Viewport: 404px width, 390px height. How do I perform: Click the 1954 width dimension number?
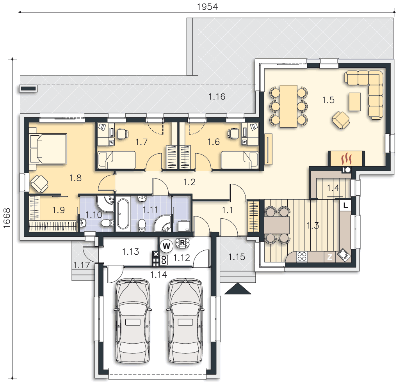207,7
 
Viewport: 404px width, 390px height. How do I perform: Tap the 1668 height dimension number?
7,218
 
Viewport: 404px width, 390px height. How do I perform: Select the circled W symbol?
166,246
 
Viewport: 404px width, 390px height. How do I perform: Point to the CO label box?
164,260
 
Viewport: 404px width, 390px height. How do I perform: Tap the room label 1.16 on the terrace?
217,97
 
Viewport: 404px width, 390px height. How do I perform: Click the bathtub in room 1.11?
123,213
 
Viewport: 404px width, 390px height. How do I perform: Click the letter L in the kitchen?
345,206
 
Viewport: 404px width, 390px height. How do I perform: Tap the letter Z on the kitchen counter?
329,257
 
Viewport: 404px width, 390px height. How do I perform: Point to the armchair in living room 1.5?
341,120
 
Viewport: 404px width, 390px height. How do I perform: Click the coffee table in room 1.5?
355,102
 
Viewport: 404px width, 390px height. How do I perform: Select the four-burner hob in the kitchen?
302,257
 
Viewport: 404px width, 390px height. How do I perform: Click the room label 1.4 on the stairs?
333,188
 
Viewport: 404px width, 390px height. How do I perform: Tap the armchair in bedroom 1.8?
39,184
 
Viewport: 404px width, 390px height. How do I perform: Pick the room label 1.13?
130,252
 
